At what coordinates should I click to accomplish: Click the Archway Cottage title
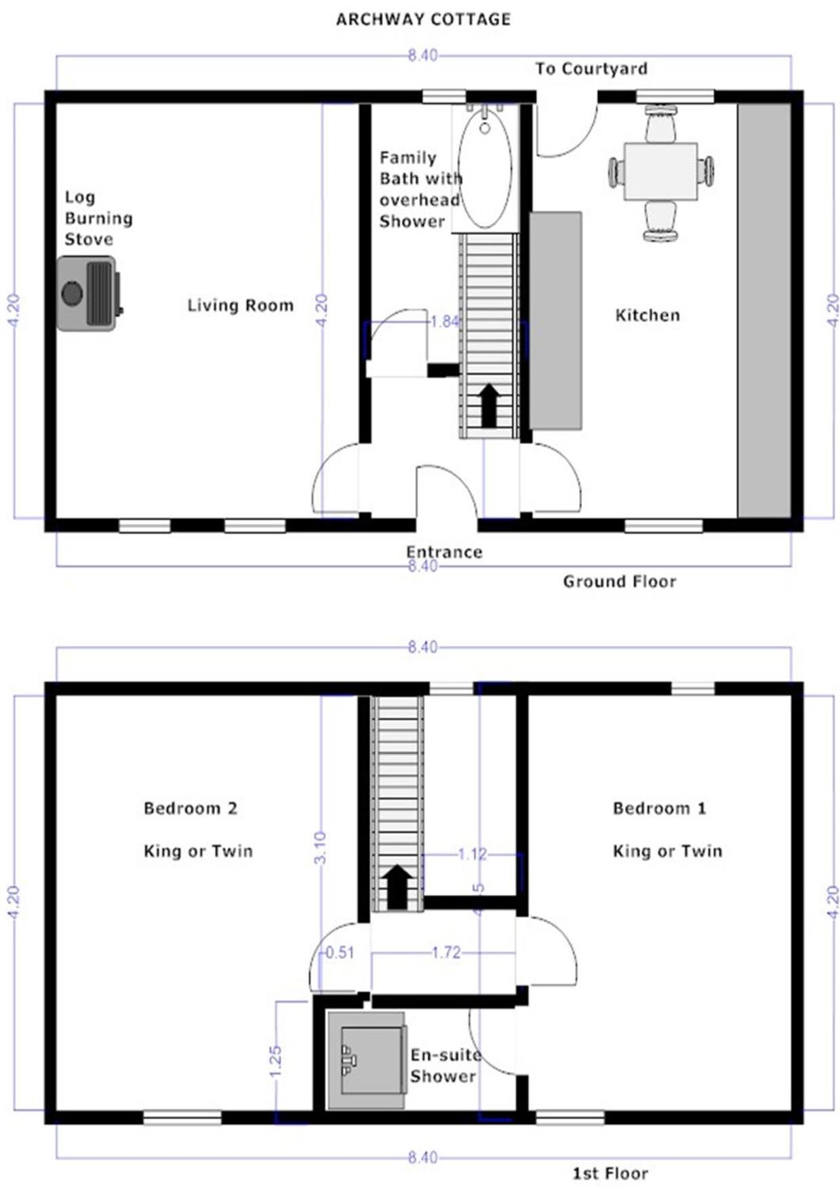pos(423,19)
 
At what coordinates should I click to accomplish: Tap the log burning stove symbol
pos(89,293)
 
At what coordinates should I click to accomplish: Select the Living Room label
pos(241,306)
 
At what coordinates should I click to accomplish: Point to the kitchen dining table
pos(660,171)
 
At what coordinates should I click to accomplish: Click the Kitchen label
pos(647,315)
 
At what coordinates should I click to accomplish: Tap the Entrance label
pos(444,552)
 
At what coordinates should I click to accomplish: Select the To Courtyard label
pos(591,68)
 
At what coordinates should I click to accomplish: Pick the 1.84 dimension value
pos(445,321)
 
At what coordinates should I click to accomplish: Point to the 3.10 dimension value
pos(321,847)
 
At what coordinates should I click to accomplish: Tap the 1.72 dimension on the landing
pos(445,952)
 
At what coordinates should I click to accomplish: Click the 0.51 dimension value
pos(340,952)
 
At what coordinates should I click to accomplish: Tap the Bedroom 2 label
pos(191,808)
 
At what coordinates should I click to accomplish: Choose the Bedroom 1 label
pos(660,808)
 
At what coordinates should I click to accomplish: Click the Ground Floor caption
pos(620,582)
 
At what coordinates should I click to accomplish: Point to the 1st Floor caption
pos(611,1173)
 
